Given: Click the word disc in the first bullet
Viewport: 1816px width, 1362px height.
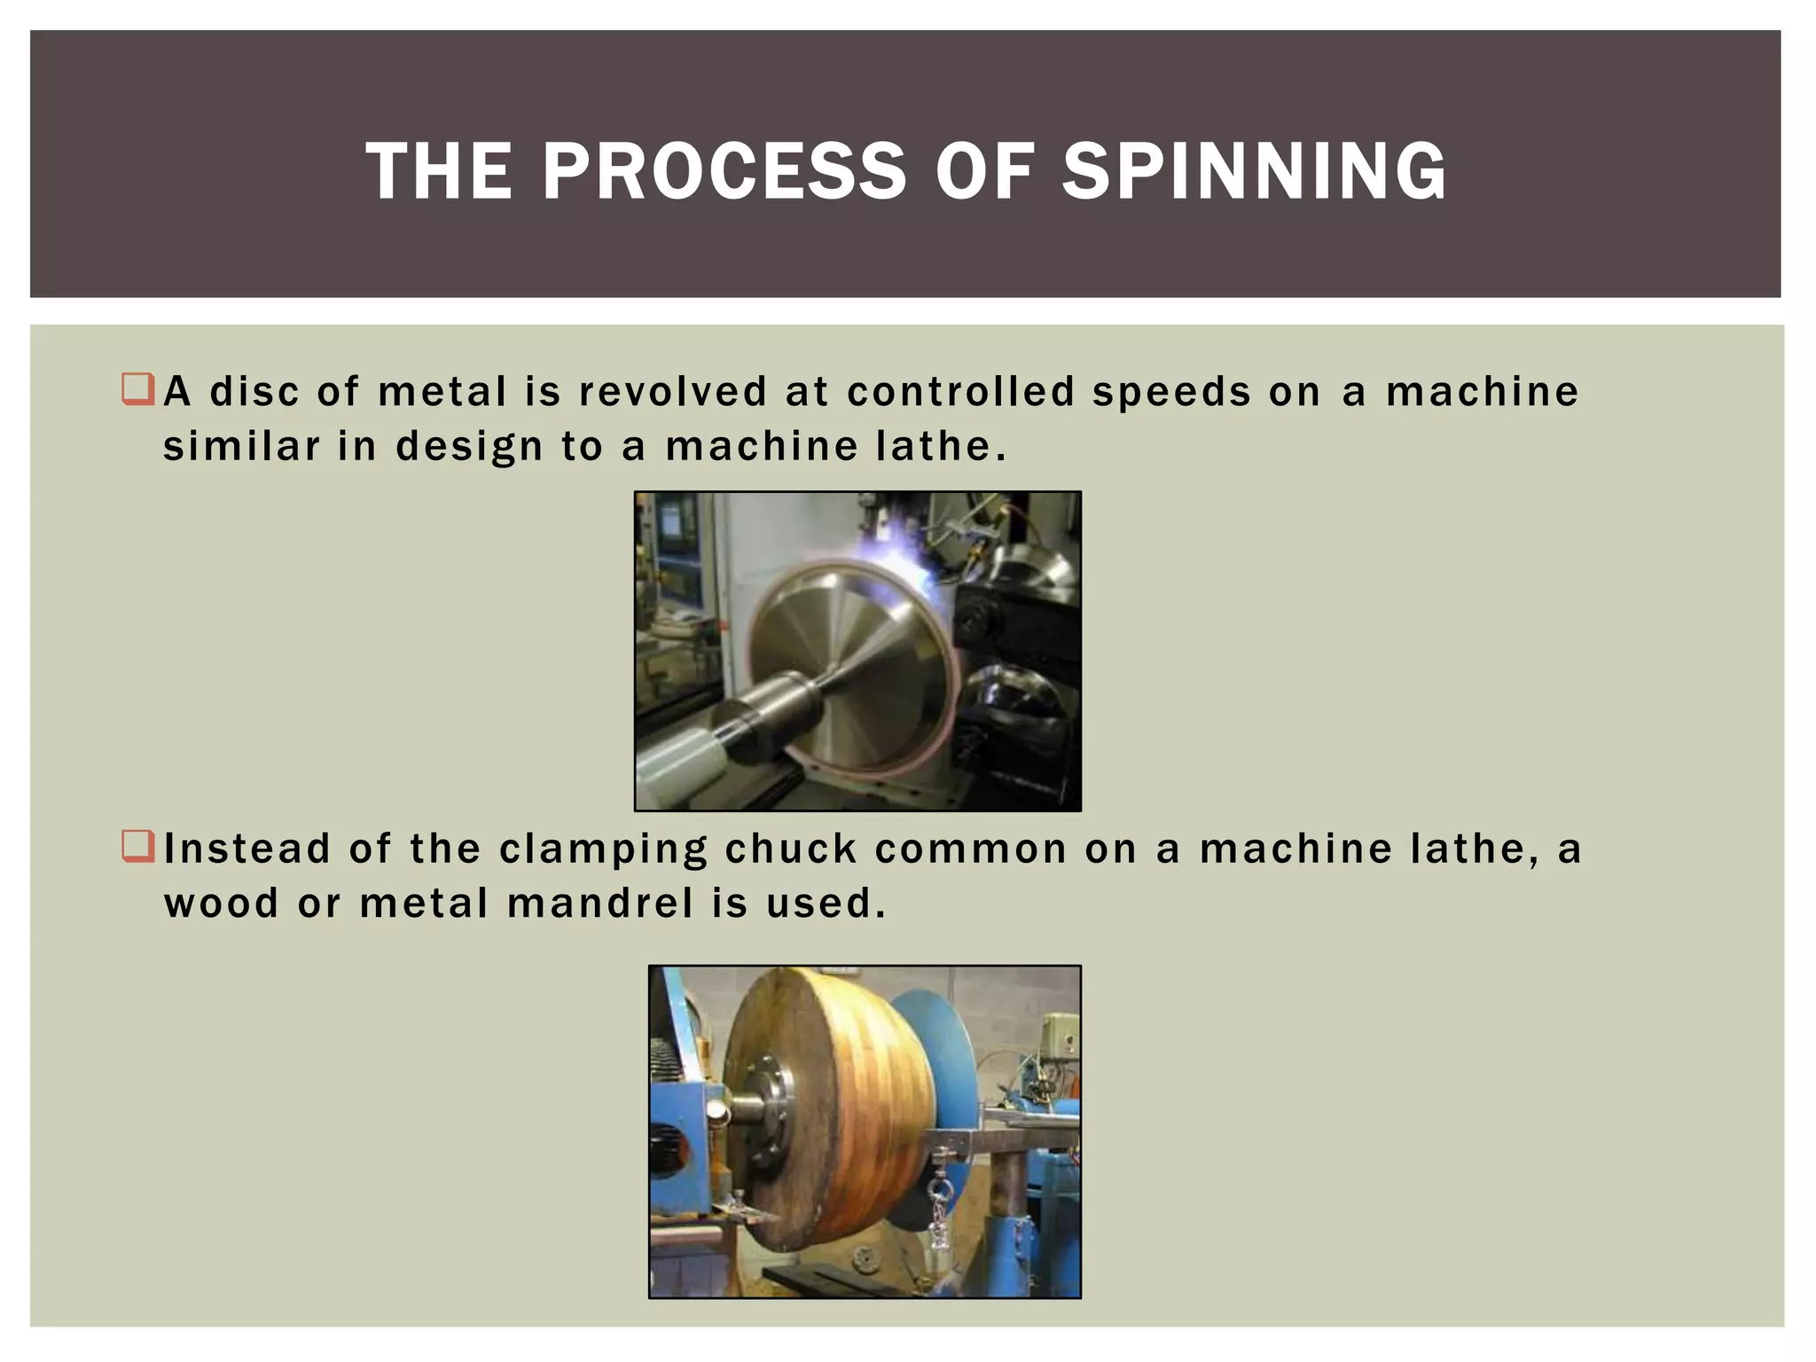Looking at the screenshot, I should tap(254, 392).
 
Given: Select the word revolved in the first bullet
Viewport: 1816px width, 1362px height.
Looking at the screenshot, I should tap(672, 392).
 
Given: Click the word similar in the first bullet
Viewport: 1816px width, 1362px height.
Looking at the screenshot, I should tap(241, 446).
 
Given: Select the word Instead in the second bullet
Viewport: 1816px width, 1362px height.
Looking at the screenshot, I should tap(247, 849).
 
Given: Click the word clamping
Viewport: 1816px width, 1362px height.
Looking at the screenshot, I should tap(604, 850).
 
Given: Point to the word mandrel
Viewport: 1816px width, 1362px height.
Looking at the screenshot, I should tap(600, 904).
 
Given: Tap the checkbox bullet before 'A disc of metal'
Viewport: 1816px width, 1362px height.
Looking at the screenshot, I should tap(138, 390).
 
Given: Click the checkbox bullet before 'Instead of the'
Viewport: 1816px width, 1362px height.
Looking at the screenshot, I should tap(138, 847).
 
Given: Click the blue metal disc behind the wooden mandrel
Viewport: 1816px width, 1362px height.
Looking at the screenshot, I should tap(940, 1064).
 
